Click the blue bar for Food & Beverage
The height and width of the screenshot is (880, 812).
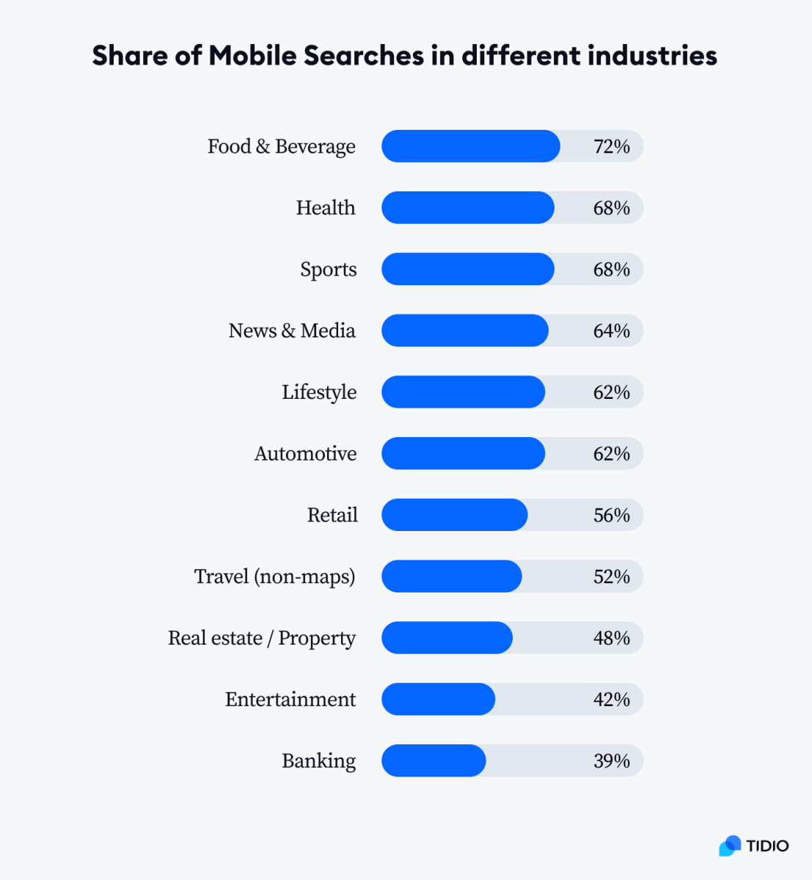point(470,146)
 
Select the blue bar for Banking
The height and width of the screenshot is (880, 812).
point(434,760)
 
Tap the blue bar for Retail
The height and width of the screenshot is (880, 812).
point(454,515)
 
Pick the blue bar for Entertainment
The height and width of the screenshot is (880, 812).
point(438,699)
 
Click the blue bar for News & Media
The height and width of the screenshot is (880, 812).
point(464,331)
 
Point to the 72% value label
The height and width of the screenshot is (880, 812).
point(611,147)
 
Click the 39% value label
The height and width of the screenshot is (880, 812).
point(611,760)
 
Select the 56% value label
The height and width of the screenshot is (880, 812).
point(611,515)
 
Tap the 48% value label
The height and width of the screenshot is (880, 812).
point(611,638)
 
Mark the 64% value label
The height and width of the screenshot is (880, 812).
point(611,331)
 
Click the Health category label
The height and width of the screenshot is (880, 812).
point(326,208)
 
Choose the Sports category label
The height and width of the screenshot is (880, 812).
point(328,270)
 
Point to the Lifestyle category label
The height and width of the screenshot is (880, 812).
point(319,392)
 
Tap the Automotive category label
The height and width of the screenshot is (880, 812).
point(305,454)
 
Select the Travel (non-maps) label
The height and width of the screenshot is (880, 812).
point(274,577)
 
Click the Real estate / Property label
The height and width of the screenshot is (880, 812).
point(261,639)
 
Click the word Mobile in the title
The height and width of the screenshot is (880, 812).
point(252,56)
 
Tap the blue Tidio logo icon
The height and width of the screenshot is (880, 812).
point(730,846)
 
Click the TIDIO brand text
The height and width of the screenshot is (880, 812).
point(767,846)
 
